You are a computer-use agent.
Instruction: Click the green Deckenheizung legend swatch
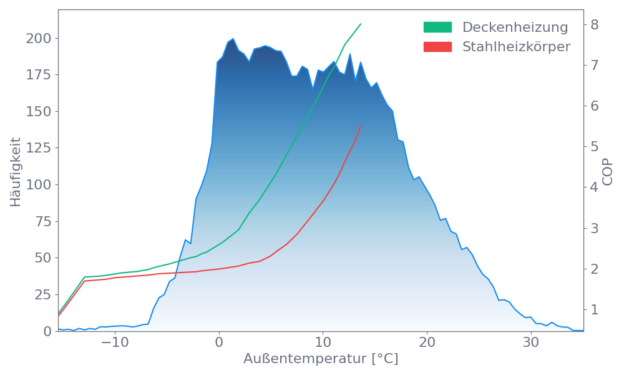click(x=437, y=27)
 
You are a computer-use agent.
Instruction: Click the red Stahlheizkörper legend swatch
click(x=437, y=46)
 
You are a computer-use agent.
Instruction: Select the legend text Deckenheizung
click(x=515, y=27)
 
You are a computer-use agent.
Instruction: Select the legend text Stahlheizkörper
click(x=516, y=46)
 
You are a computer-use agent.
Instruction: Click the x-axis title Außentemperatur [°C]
click(x=321, y=359)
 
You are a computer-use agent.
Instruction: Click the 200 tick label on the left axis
click(x=39, y=39)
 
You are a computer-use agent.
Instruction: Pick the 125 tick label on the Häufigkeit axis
click(x=39, y=147)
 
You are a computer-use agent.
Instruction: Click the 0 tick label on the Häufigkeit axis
click(x=48, y=331)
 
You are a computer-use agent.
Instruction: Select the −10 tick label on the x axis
click(x=114, y=343)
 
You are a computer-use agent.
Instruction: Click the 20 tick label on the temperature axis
click(x=427, y=343)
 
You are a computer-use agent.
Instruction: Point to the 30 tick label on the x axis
click(x=530, y=343)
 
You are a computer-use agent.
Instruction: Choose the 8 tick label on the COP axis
click(x=594, y=24)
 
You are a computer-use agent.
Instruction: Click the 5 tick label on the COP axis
click(x=594, y=146)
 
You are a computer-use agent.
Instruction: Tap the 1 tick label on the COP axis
click(x=594, y=309)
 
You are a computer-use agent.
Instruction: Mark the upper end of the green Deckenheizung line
click(x=361, y=24)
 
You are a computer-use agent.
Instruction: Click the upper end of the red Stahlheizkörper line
click(x=361, y=126)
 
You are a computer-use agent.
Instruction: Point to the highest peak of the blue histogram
click(x=233, y=38)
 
